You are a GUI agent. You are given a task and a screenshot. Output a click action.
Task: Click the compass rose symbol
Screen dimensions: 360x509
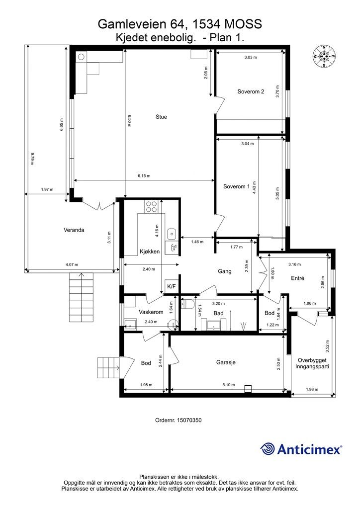click(324, 57)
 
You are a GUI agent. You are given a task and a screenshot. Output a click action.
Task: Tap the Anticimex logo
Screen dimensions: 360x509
click(301, 449)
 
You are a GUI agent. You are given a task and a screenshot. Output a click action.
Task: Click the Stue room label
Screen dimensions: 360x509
click(161, 117)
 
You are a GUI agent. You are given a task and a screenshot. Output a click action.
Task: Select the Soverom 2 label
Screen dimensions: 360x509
click(251, 91)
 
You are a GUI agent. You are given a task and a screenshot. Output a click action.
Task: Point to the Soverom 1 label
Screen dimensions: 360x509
click(236, 186)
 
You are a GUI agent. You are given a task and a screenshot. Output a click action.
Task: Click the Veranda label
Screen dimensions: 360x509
click(74, 230)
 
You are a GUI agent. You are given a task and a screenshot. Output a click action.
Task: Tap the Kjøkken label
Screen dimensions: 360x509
click(150, 251)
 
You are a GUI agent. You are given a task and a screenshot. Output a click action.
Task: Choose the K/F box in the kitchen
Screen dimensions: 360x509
click(172, 287)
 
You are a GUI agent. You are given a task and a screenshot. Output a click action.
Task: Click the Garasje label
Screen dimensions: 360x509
click(226, 362)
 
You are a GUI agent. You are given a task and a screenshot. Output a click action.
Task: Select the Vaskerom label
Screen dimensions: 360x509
click(151, 312)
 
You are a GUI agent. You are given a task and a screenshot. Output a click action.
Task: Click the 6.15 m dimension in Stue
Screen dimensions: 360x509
click(144, 176)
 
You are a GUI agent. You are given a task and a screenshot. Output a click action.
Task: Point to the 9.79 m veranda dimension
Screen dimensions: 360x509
click(32, 159)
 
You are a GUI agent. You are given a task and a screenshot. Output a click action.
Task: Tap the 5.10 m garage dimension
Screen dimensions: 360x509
click(229, 385)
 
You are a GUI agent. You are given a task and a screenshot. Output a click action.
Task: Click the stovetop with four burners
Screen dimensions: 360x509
click(151, 206)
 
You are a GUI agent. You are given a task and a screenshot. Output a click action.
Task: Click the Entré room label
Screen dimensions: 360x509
click(297, 278)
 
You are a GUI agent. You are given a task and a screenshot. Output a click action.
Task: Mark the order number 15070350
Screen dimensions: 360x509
click(178, 420)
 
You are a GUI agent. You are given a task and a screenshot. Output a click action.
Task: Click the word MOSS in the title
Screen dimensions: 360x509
click(243, 24)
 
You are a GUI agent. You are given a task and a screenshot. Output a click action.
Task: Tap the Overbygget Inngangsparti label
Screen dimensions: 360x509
click(312, 363)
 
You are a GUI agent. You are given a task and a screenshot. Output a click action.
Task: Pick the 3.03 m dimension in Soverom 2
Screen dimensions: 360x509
click(251, 57)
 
